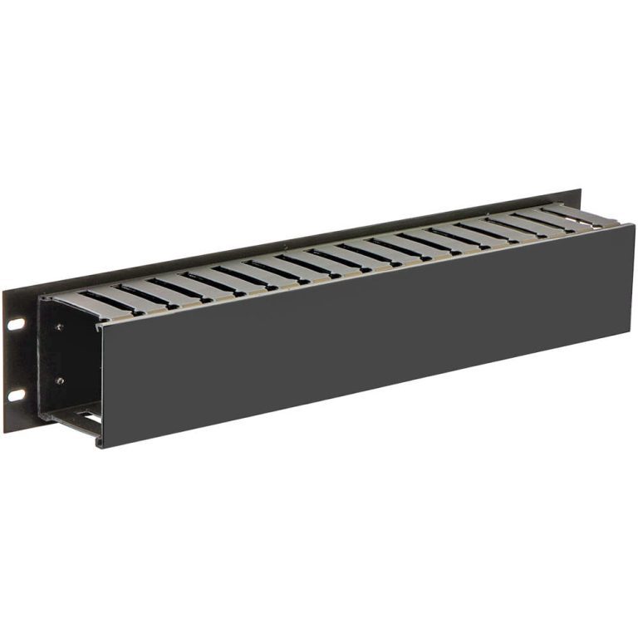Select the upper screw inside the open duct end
60,326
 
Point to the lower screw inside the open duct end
60,380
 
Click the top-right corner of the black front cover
634,224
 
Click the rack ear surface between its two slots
17,357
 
